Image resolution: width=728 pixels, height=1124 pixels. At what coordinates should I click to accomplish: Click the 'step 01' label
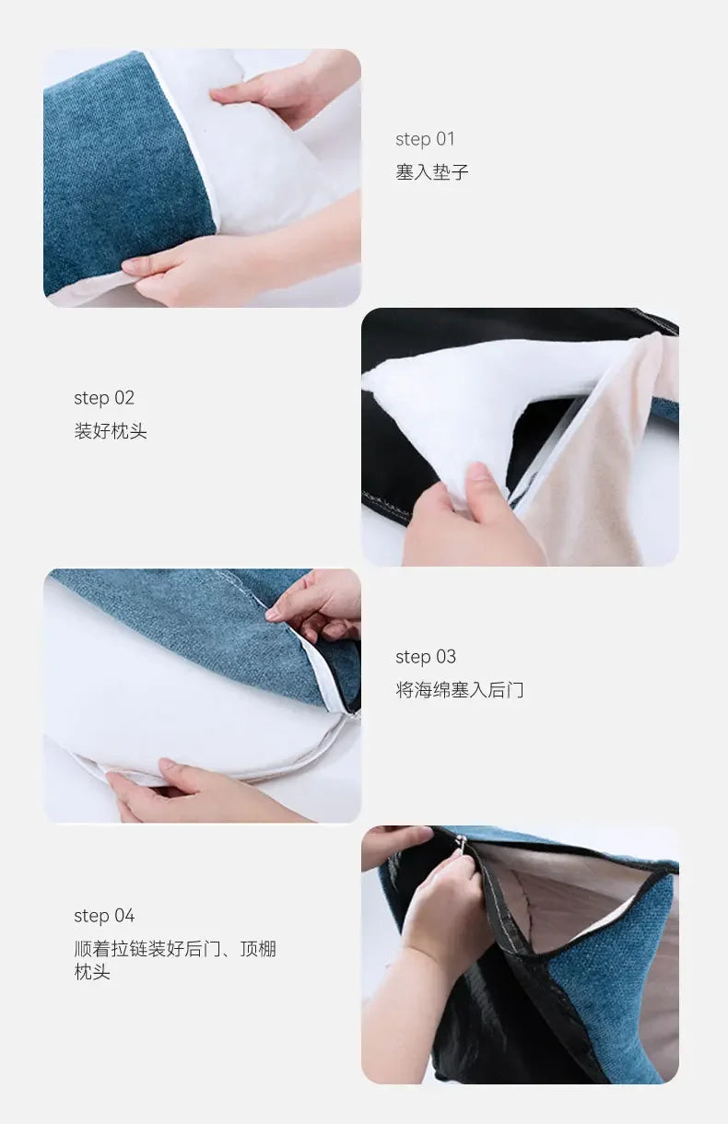(x=425, y=139)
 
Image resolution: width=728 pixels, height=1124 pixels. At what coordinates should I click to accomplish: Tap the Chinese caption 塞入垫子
(x=432, y=172)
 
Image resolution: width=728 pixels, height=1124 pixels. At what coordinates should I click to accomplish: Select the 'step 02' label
(x=104, y=398)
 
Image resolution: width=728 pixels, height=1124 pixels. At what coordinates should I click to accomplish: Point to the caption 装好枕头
(x=111, y=431)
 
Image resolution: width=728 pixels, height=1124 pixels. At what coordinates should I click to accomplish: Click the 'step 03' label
(x=425, y=657)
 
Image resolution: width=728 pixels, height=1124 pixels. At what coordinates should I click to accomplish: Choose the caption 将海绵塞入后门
(x=460, y=690)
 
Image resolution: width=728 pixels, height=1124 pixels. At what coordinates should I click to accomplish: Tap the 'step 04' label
(x=104, y=916)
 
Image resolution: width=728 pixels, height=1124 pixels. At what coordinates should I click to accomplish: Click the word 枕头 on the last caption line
(x=92, y=972)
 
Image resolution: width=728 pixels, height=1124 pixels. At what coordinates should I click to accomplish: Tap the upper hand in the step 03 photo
(x=318, y=603)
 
